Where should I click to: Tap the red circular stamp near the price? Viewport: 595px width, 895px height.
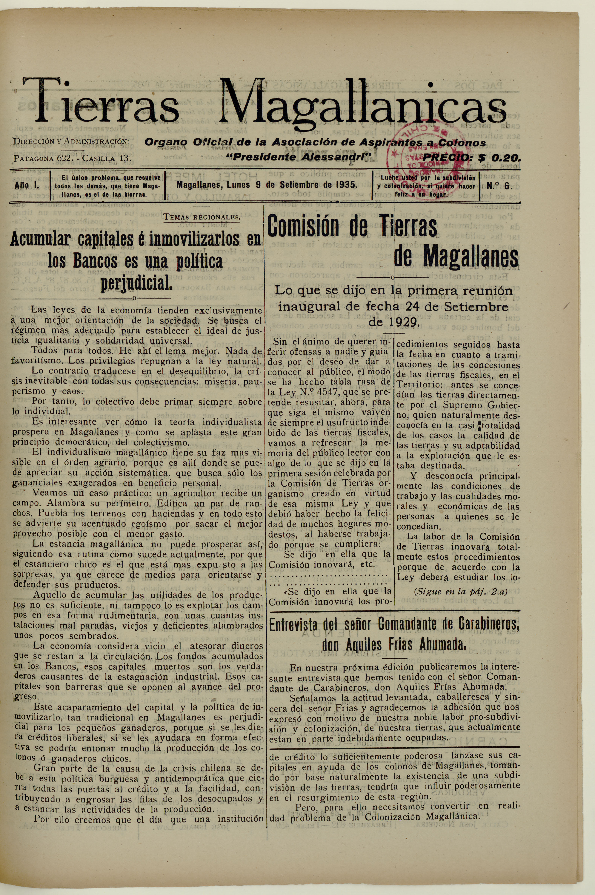(414, 152)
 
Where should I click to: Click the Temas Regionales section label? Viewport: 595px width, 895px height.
(202, 217)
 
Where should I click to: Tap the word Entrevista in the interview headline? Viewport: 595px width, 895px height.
(292, 625)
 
